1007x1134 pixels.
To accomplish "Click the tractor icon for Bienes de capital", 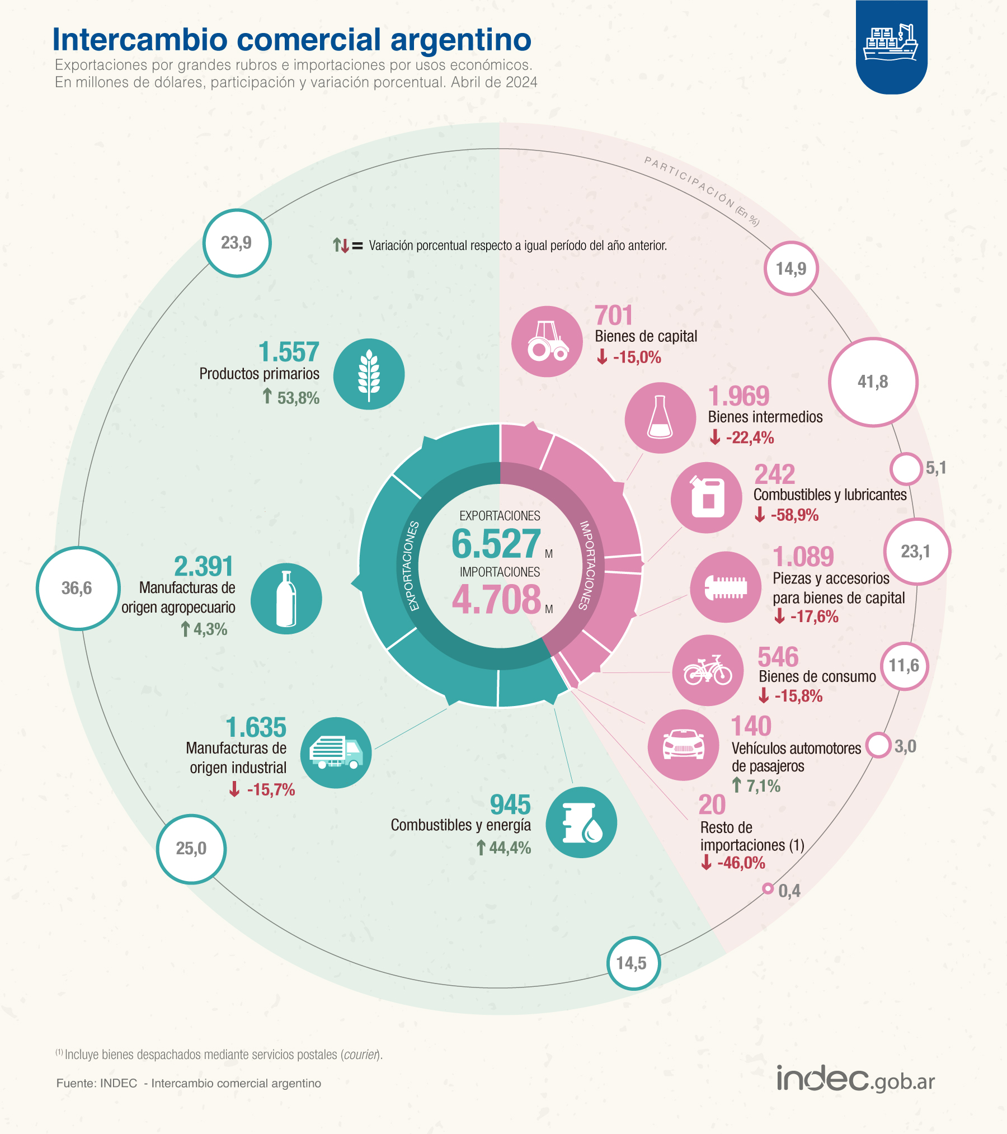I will point(547,341).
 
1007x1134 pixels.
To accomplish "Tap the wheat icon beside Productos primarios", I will point(369,374).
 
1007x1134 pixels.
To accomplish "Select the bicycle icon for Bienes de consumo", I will point(708,670).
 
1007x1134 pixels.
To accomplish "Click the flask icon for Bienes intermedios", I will point(660,417).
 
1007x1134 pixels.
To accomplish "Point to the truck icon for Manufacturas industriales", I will point(336,752).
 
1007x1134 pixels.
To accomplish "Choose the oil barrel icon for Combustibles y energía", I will point(581,822).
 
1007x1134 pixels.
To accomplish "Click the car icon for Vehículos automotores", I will point(683,745).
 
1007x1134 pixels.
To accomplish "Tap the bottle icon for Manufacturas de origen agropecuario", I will point(286,598).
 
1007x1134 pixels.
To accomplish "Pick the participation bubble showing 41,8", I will point(873,382).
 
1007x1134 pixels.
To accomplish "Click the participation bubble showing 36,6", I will point(78,588).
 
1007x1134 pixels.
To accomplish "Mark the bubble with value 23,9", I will point(237,243).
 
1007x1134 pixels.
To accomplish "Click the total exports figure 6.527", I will point(496,544).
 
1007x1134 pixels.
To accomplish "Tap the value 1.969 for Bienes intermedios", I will point(738,396).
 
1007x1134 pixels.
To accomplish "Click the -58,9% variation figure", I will point(794,515).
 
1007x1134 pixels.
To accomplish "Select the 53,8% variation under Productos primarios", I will point(298,398).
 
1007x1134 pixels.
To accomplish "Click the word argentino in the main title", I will point(460,40).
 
